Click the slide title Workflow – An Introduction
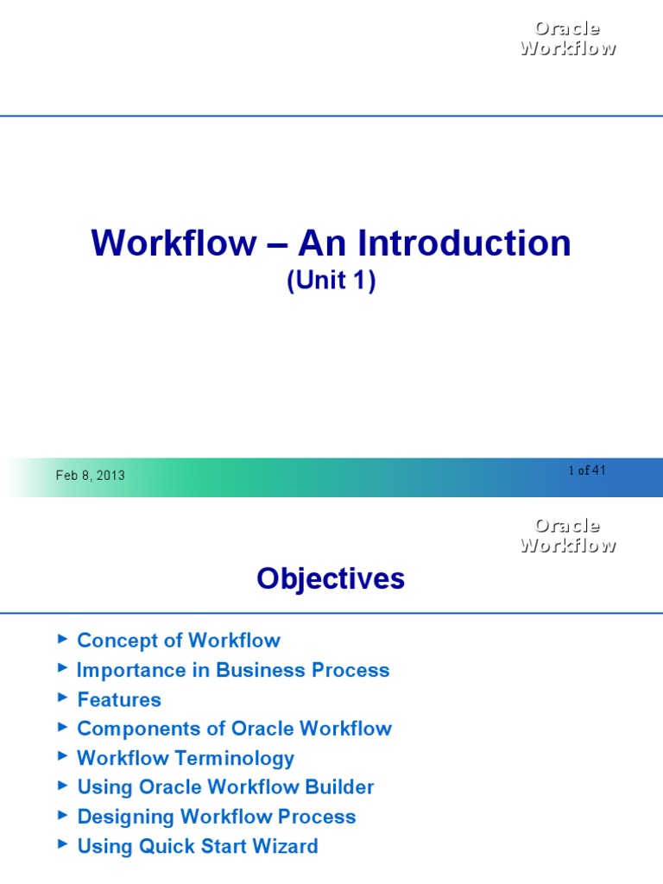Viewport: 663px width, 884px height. (x=331, y=243)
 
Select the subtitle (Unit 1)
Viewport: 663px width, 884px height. (x=331, y=282)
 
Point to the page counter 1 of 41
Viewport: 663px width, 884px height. (x=587, y=470)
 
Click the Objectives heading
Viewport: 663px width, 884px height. (x=331, y=579)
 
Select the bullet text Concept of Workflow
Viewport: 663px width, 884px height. (x=179, y=641)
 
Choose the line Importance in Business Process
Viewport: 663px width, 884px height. (x=233, y=670)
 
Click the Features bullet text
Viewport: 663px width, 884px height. (x=119, y=699)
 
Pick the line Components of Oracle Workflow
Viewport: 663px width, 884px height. (x=234, y=729)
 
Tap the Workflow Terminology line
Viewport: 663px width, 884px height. (x=186, y=758)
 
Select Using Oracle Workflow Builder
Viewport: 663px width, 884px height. (x=225, y=787)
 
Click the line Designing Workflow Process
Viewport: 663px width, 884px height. (x=217, y=817)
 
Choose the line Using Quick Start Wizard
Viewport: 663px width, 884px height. (x=198, y=846)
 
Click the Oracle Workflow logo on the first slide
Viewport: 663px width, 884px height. (x=567, y=38)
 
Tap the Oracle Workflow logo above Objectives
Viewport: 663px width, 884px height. (x=567, y=535)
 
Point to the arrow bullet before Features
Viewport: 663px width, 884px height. (x=61, y=698)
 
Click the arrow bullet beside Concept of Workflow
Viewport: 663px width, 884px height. (x=61, y=639)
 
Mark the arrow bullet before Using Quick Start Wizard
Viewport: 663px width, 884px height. (x=61, y=844)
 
